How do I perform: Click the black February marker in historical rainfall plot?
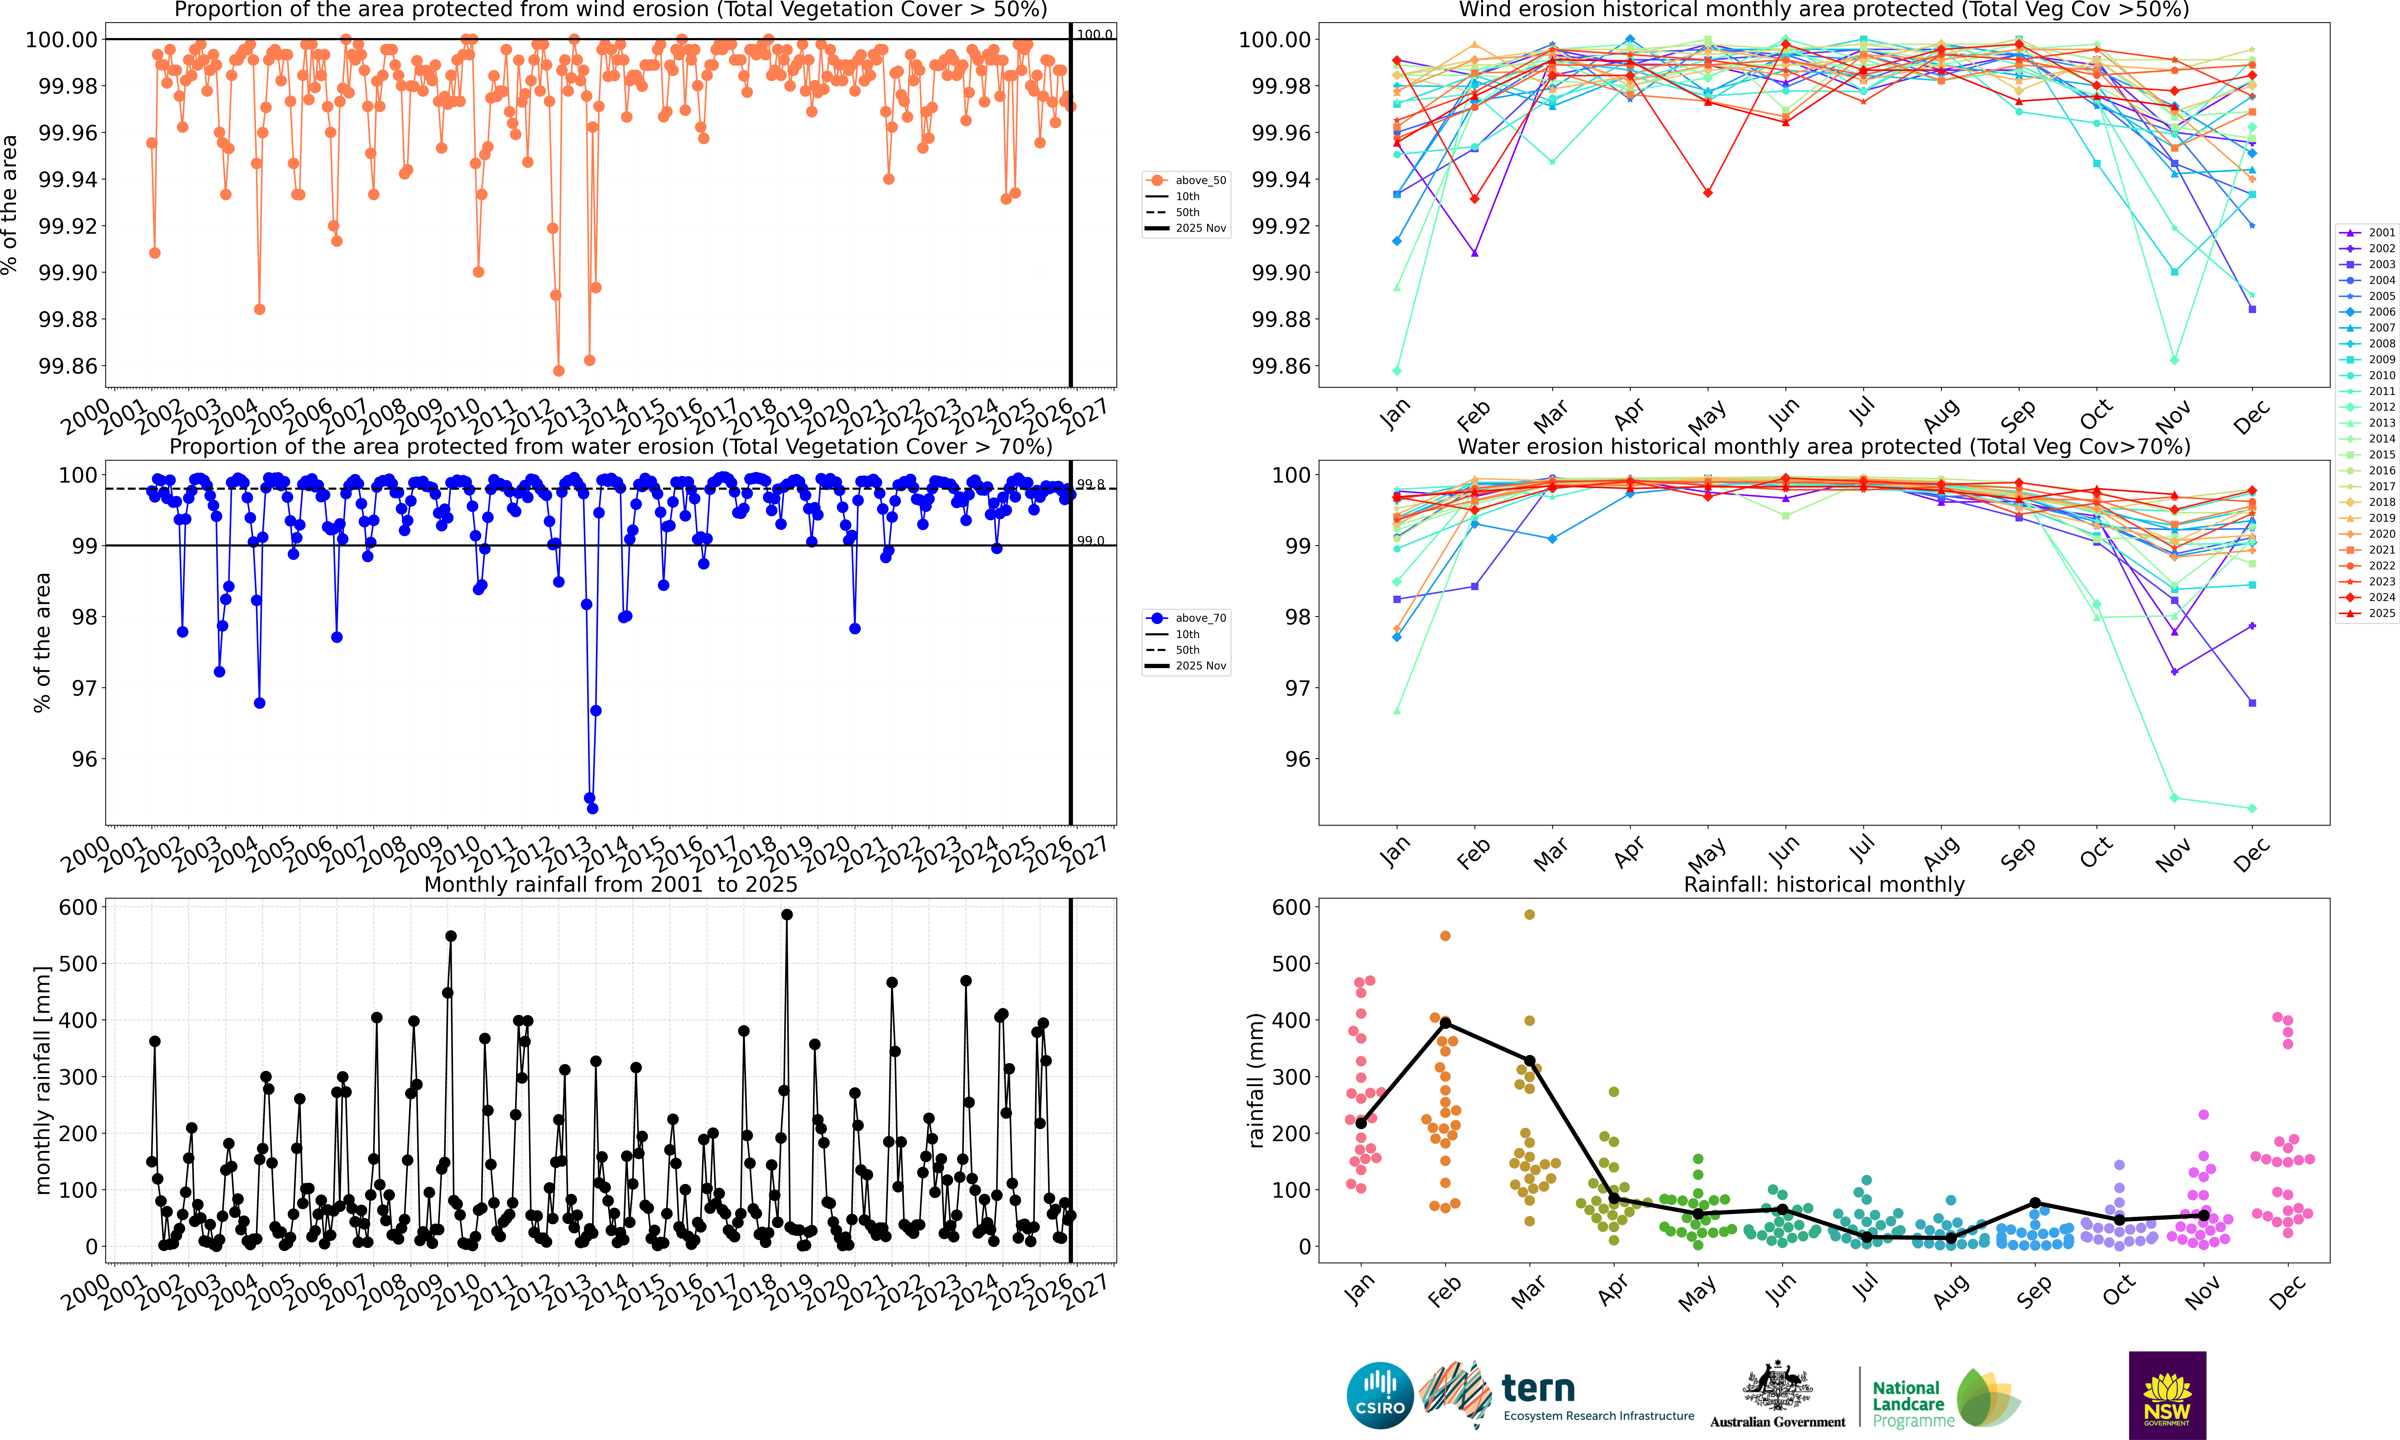1445,1024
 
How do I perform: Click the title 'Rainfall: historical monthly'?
1824,885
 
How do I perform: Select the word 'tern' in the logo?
1538,1389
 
